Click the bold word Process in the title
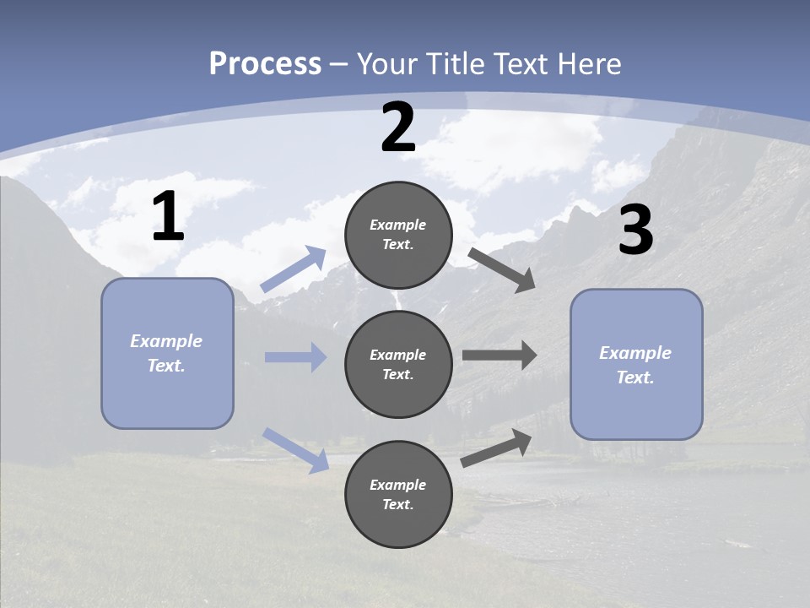pos(265,64)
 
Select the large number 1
pos(168,217)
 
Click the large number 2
pos(398,128)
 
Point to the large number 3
pos(635,230)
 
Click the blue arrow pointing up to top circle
pos(294,269)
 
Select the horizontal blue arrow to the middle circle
pos(295,357)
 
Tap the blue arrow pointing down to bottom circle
pos(296,450)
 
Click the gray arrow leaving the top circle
pos(501,269)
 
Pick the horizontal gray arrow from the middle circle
pos(499,355)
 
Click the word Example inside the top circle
pos(397,225)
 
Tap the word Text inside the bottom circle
pos(397,504)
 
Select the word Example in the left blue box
pos(166,341)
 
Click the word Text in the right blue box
pos(634,377)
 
